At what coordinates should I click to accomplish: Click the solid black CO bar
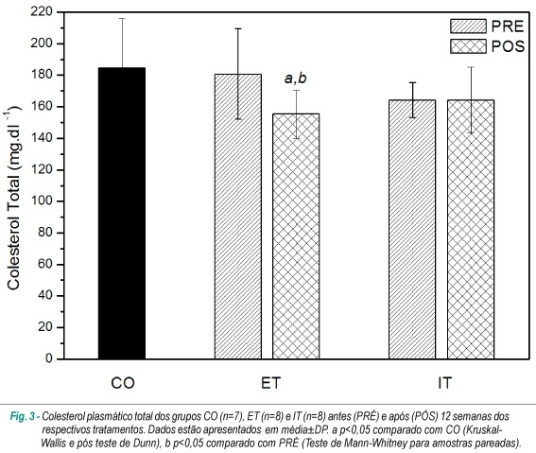coord(122,213)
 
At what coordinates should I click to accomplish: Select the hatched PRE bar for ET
coord(238,217)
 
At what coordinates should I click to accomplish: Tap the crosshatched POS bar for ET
coord(296,236)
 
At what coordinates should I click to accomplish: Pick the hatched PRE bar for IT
coord(412,230)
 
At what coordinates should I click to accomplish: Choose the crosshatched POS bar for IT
coord(471,230)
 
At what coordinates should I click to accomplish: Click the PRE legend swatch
coord(468,26)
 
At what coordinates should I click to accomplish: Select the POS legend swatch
coord(468,46)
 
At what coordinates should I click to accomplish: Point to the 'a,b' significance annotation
coord(296,78)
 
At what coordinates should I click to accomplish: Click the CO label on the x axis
coord(123,383)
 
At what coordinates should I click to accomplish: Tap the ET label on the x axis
coord(270,383)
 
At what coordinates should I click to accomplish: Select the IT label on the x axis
coord(444,383)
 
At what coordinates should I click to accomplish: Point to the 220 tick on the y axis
coord(42,12)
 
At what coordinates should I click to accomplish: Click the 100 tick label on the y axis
coord(42,201)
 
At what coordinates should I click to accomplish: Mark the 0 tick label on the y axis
coord(49,358)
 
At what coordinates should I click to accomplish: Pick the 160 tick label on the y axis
coord(42,106)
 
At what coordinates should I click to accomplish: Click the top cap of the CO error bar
coord(122,19)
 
